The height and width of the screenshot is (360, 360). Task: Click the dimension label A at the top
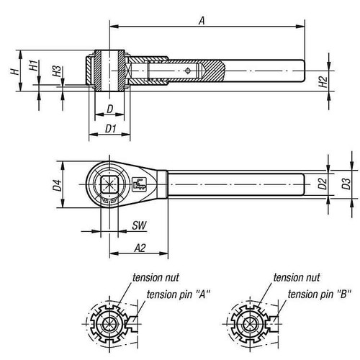pyautogui.click(x=203, y=22)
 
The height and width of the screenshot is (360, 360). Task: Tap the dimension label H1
pyautogui.click(x=33, y=66)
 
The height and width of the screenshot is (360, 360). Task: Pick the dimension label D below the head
pyautogui.click(x=109, y=108)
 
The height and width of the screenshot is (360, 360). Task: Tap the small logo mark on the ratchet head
pyautogui.click(x=140, y=183)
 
